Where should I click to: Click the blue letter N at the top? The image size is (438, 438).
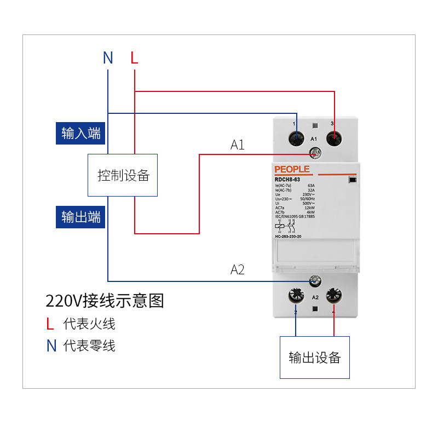click(x=108, y=57)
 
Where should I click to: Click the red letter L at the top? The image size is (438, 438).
click(x=134, y=57)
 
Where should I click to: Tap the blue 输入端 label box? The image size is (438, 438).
click(x=81, y=133)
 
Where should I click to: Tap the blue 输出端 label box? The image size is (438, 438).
click(x=81, y=217)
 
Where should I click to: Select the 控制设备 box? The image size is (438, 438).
click(x=123, y=175)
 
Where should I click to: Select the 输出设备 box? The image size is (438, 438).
click(x=314, y=358)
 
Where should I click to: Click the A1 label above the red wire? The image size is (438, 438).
click(x=237, y=145)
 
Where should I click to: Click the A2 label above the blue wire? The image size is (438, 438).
click(x=237, y=269)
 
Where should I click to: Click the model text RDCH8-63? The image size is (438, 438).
click(x=287, y=180)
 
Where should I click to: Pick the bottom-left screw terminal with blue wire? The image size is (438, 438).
click(x=296, y=297)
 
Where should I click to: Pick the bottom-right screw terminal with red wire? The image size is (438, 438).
click(x=333, y=296)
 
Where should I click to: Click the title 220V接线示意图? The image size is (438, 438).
click(x=105, y=301)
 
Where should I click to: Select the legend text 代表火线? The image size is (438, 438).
click(x=89, y=324)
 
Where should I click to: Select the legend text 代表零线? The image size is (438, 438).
click(x=89, y=345)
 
